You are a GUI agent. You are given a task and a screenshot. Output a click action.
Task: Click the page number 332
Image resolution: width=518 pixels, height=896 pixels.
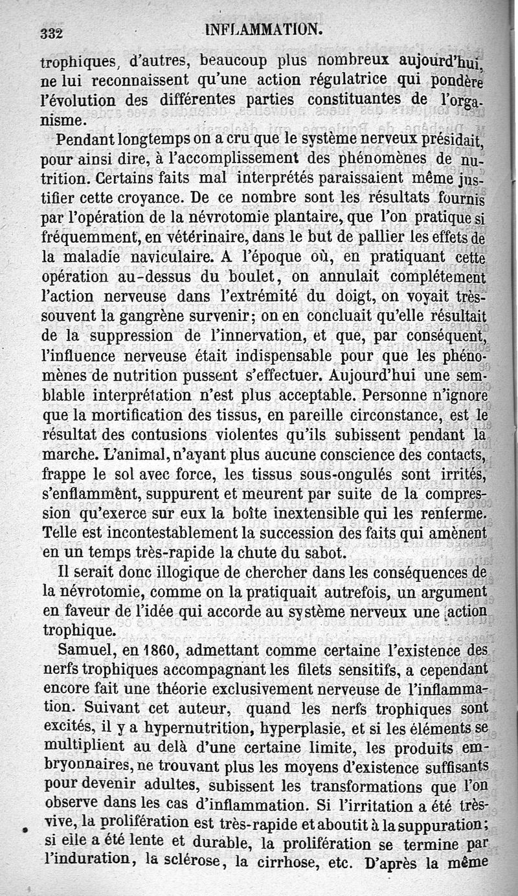[52, 33]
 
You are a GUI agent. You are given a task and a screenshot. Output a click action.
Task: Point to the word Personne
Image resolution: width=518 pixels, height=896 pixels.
[396, 395]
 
